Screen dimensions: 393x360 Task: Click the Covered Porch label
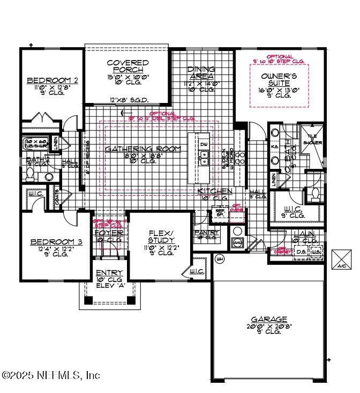click(x=127, y=66)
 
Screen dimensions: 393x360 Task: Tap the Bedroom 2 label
click(x=53, y=80)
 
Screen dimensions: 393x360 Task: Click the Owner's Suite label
click(x=279, y=80)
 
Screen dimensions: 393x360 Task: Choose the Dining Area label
click(x=201, y=73)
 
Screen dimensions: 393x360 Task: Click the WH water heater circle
click(x=219, y=259)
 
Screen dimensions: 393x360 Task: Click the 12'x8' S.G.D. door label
click(x=129, y=100)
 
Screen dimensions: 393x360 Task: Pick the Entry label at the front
click(x=109, y=273)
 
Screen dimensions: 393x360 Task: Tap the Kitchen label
click(x=215, y=191)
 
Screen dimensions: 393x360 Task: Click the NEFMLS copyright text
click(x=51, y=375)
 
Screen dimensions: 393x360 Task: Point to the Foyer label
click(x=109, y=233)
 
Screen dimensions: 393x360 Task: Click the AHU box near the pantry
click(x=237, y=243)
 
